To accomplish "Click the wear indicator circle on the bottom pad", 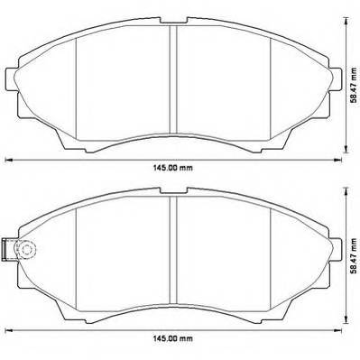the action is tap(25, 249).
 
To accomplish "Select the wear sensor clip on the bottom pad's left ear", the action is tap(6, 249).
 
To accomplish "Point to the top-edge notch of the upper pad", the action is tap(174, 21).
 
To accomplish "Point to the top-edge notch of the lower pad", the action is tap(174, 190).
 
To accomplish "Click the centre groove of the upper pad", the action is tap(173, 78).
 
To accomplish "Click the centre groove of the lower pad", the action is tap(173, 249).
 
